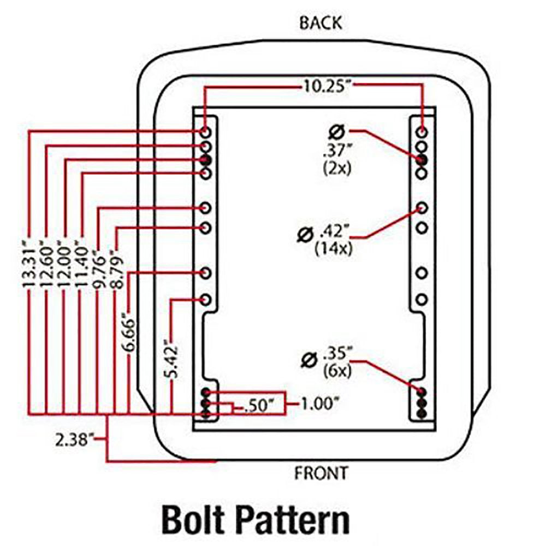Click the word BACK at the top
point(321,23)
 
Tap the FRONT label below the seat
point(321,473)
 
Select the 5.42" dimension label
point(172,360)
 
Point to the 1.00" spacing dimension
point(320,404)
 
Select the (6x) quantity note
point(337,371)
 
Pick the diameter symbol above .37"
point(336,131)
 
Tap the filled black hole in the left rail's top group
point(206,159)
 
